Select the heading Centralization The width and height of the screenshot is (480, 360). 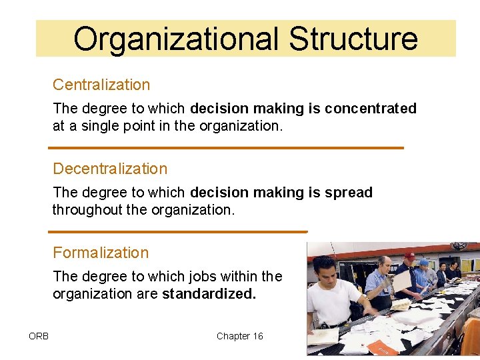tap(101, 85)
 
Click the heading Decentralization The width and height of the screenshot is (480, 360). tap(110, 169)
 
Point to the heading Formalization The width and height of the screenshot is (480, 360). tap(101, 253)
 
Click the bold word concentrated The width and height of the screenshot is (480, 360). tap(371, 108)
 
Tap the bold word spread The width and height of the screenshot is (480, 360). tap(349, 192)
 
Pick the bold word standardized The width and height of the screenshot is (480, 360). tap(209, 293)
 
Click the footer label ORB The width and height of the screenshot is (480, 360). tap(39, 336)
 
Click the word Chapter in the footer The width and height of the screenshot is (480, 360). tap(233, 336)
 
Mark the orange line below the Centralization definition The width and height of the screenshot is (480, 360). tap(227, 147)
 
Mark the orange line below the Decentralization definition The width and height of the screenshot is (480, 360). tap(178, 231)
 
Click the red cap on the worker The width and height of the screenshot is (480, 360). tap(409, 255)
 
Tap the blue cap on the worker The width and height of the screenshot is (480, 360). tap(423, 262)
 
